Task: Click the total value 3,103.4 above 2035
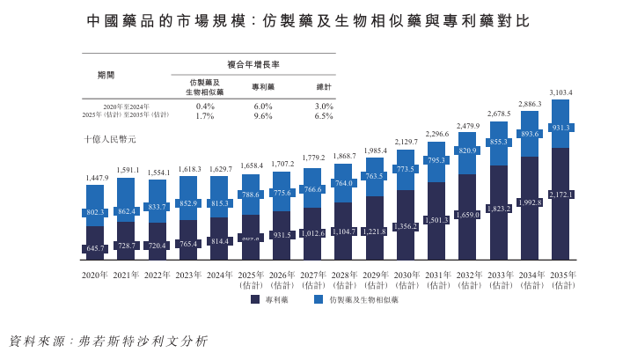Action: pyautogui.click(x=560, y=92)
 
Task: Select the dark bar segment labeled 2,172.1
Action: pyautogui.click(x=560, y=194)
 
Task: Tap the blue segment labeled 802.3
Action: pyautogui.click(x=94, y=212)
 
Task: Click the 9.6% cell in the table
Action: pyautogui.click(x=263, y=115)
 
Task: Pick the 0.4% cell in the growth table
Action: pyautogui.click(x=205, y=106)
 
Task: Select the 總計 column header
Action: pyautogui.click(x=323, y=86)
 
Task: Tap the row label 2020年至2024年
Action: pyautogui.click(x=120, y=106)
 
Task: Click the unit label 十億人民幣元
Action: pyautogui.click(x=110, y=139)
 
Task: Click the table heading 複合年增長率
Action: pyautogui.click(x=264, y=65)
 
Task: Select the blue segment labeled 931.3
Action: pyautogui.click(x=560, y=128)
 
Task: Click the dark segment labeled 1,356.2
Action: pyautogui.click(x=406, y=226)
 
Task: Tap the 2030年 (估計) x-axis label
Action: pyautogui.click(x=406, y=280)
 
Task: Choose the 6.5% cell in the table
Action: pyautogui.click(x=323, y=115)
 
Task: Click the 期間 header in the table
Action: pyautogui.click(x=106, y=76)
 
